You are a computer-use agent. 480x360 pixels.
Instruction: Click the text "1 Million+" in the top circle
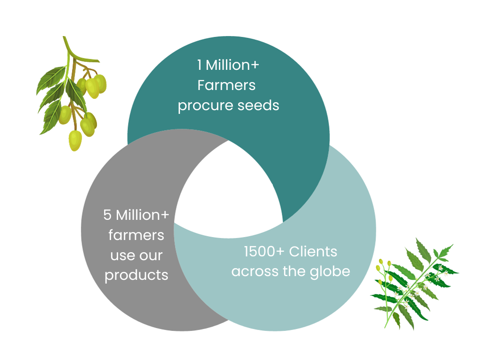228,65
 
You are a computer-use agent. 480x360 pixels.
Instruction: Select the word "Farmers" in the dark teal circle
226,85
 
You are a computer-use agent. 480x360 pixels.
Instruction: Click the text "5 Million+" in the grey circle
136,215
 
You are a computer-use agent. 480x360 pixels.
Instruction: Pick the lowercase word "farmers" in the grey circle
136,235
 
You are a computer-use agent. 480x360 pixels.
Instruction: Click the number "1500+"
264,251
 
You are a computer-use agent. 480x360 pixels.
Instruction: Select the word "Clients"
313,251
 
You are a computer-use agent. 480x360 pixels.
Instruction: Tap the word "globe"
330,272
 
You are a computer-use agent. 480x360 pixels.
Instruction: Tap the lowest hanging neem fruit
75,141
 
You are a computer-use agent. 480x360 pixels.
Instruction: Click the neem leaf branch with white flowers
415,284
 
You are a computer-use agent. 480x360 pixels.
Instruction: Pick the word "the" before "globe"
294,271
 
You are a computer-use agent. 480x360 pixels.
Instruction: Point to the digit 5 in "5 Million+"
107,215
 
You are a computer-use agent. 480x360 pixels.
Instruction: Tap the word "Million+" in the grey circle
142,215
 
